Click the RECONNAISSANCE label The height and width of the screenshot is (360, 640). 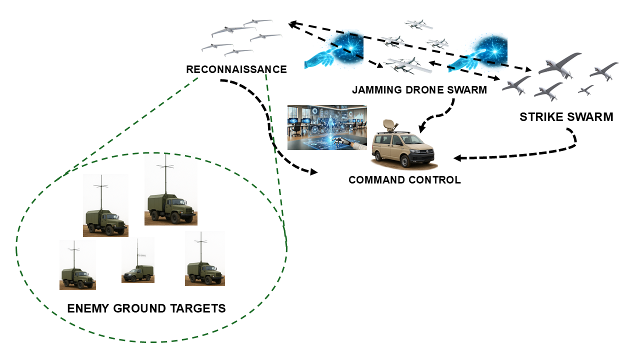(x=236, y=69)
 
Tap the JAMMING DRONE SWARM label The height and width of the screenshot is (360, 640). (x=419, y=90)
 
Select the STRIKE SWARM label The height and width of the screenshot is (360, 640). (x=566, y=117)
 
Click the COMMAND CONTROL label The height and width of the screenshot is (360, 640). (x=404, y=180)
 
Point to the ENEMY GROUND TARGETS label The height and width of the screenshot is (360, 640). (x=146, y=308)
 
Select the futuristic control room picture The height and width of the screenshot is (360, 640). (x=327, y=127)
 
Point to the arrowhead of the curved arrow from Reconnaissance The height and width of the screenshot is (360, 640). (x=314, y=172)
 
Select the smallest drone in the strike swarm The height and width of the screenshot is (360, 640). (x=585, y=90)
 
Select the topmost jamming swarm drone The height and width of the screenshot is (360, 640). (x=418, y=24)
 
